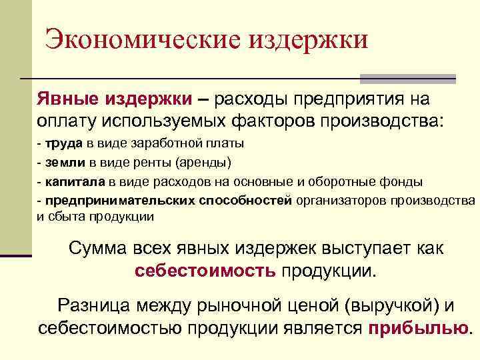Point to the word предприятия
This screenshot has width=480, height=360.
(x=337, y=99)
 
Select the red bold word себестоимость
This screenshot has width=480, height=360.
(x=205, y=271)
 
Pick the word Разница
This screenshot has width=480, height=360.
(x=94, y=305)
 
